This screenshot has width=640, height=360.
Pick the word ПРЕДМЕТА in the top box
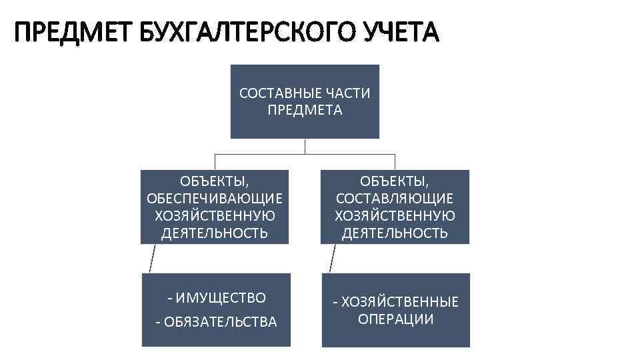305,110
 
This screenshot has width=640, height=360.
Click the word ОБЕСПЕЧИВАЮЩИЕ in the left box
215,199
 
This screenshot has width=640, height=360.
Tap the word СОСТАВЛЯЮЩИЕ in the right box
395,199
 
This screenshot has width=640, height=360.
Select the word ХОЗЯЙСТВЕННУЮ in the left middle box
215,216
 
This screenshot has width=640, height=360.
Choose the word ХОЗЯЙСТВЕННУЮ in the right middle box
395,216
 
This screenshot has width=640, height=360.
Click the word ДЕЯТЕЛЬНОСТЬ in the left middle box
215,233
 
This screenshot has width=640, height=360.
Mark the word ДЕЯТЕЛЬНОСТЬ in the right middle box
395,233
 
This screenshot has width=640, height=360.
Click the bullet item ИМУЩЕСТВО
219,297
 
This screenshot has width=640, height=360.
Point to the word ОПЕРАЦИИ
396,319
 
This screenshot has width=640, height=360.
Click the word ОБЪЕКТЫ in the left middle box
215,181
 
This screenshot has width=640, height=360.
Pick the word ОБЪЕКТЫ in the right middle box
395,181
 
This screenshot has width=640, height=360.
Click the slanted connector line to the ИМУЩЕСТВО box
153,258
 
